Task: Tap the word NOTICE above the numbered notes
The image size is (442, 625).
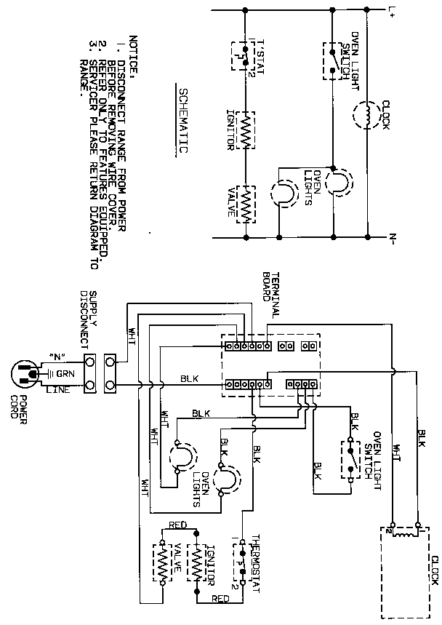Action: point(132,52)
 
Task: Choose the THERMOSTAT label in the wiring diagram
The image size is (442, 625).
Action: point(255,560)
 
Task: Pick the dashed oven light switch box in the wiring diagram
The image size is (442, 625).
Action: point(349,461)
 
